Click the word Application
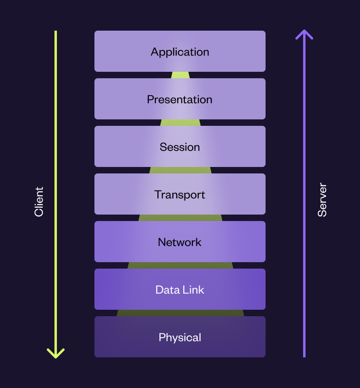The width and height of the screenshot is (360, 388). pos(180,52)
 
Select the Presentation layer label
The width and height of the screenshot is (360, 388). pos(179,100)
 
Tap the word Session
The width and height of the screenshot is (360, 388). pos(180,147)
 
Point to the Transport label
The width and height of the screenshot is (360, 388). pos(180,195)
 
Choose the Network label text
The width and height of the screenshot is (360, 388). pos(179,242)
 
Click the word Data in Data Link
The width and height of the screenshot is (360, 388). pos(167,290)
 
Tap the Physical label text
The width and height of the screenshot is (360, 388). pos(180,338)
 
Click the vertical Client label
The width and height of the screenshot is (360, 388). pos(39,202)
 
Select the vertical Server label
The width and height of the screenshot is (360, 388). pos(322,200)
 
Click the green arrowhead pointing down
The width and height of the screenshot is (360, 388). pos(56,353)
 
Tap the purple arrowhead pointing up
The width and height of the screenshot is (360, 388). pos(304,34)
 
